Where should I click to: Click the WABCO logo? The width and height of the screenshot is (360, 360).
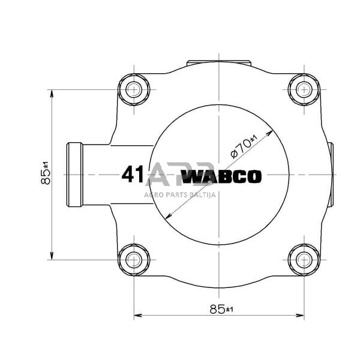point(221,177)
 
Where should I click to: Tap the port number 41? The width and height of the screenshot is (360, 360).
point(132,175)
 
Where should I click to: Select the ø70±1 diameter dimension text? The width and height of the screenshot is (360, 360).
point(244,146)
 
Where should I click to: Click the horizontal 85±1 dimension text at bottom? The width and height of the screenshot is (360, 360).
point(221,309)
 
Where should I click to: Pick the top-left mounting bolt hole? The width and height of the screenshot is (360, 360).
point(133,90)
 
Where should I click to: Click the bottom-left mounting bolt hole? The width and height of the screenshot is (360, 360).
point(133,259)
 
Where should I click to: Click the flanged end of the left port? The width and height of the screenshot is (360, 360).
point(74,175)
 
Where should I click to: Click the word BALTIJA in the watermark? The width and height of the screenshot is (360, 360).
point(204,194)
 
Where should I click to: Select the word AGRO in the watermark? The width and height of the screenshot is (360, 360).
point(152,194)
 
